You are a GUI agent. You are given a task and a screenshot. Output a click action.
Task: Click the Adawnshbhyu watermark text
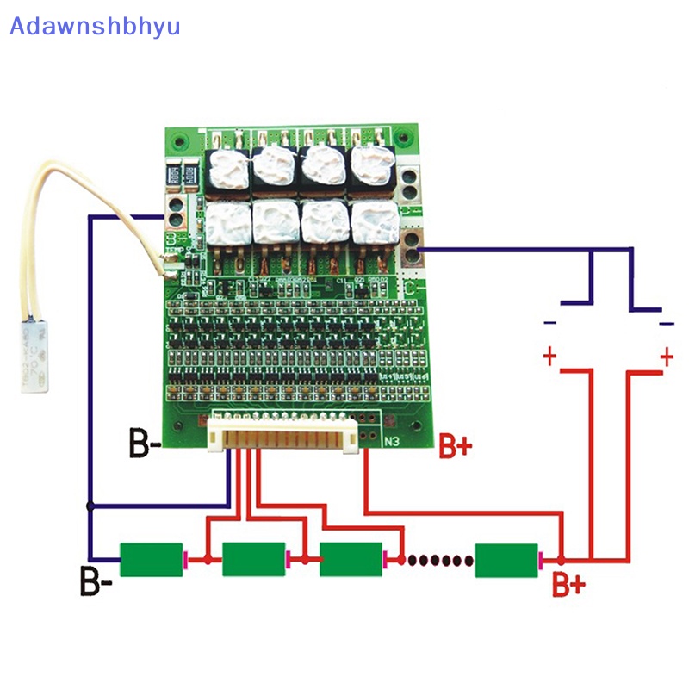pos(95,26)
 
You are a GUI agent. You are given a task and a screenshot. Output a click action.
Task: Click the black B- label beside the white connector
pos(144,445)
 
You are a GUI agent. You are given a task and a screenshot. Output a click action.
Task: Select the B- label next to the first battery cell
pos(96,581)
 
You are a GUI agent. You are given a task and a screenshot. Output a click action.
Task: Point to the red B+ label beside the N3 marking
pos(455,445)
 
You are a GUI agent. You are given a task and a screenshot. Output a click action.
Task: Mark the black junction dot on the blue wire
pos(89,506)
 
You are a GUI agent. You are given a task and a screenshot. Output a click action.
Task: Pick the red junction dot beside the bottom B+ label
pos(562,560)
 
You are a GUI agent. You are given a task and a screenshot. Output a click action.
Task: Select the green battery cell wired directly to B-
pos(152,560)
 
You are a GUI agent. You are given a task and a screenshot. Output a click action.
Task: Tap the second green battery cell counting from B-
pos(253,560)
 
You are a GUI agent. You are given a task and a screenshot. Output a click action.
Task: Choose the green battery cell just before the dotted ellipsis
pos(350,560)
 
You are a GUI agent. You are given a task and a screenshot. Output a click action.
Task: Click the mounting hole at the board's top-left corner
pos(178,142)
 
